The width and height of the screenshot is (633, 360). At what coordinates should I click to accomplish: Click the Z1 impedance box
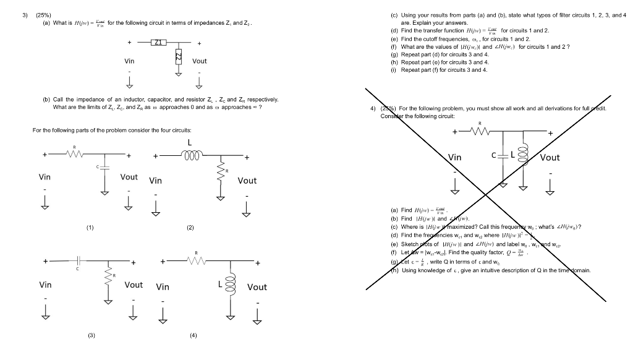(158, 43)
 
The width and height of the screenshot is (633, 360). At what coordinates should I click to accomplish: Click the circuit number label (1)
(90, 228)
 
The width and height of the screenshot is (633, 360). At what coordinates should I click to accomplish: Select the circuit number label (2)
(190, 228)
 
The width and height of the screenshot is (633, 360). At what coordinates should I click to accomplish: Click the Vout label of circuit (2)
(247, 181)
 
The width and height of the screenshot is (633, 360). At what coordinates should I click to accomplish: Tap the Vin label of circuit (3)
(45, 285)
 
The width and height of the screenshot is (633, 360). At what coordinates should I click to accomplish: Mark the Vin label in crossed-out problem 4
(455, 158)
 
